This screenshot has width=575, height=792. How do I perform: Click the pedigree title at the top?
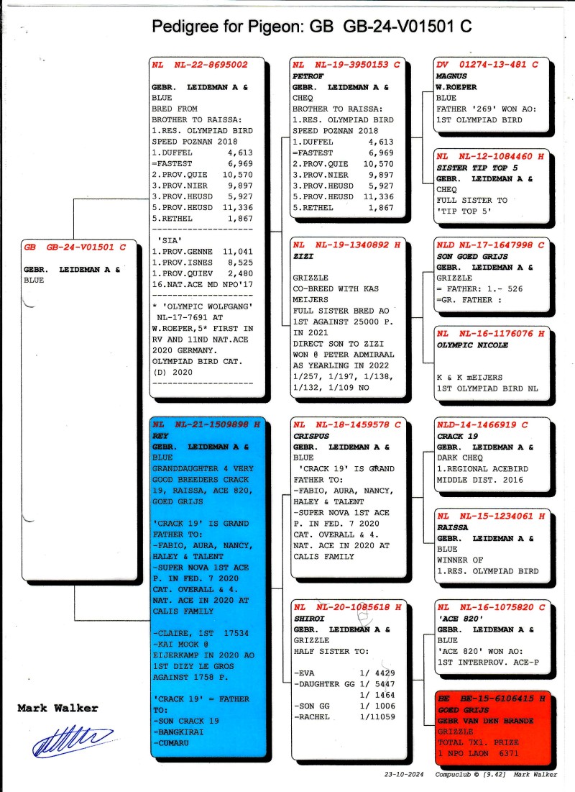pyautogui.click(x=311, y=27)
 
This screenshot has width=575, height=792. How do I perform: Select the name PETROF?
pyautogui.click(x=308, y=75)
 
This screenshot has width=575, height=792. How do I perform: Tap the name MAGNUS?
pyautogui.click(x=452, y=75)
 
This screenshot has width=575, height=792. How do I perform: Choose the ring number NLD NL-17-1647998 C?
pyautogui.click(x=490, y=245)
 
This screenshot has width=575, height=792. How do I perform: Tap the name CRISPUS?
pyautogui.click(x=311, y=435)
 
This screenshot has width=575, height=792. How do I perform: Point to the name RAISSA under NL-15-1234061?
pyautogui.click(x=453, y=527)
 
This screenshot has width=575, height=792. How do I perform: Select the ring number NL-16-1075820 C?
pyautogui.click(x=490, y=607)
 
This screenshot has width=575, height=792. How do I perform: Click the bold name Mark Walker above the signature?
pyautogui.click(x=57, y=709)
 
